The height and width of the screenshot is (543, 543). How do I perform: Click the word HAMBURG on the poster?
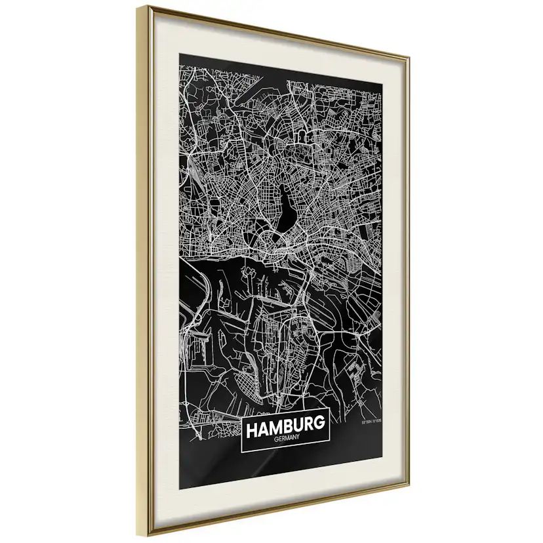[x=285, y=427]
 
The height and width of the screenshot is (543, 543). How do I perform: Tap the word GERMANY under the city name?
[x=285, y=441]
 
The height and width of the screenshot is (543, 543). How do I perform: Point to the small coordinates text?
[x=371, y=422]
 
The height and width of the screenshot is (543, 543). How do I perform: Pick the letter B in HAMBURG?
[x=289, y=427]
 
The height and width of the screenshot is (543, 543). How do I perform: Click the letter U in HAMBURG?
[x=298, y=426]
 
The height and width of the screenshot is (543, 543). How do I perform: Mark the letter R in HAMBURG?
[x=308, y=426]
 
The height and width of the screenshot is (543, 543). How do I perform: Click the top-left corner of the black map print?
[x=179, y=54]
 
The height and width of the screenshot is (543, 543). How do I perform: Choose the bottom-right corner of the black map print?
[x=382, y=459]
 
